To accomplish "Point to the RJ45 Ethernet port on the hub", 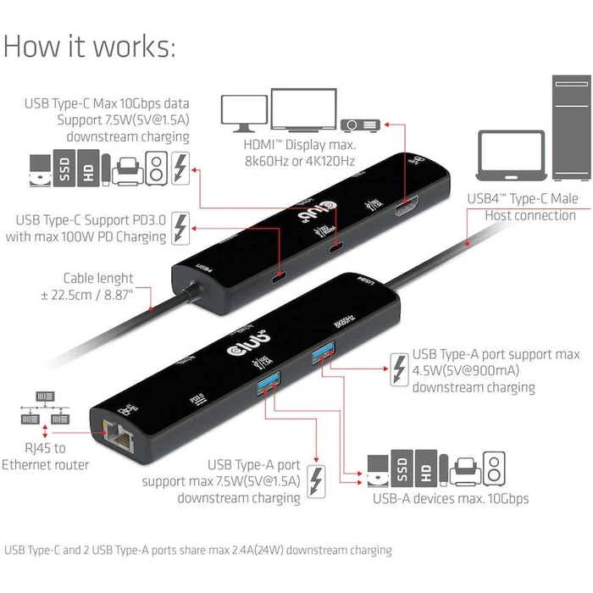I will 111,435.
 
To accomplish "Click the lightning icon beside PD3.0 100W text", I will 180,228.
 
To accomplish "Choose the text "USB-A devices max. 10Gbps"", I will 451,498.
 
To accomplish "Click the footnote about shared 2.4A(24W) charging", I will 198,550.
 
